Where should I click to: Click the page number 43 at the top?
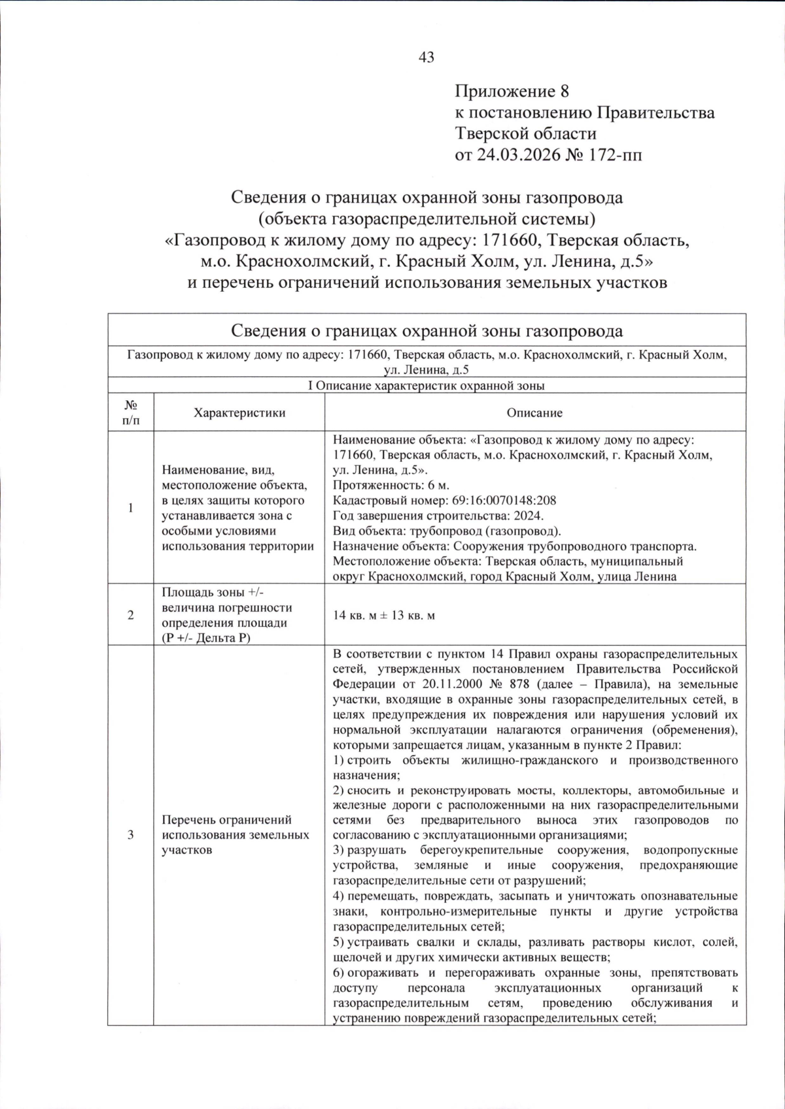pyautogui.click(x=426, y=58)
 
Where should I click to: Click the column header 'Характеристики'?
pyautogui.click(x=239, y=413)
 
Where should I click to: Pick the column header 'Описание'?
pyautogui.click(x=534, y=413)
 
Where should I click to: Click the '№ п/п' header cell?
pyautogui.click(x=131, y=413)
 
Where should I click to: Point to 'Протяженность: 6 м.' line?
pyautogui.click(x=391, y=485)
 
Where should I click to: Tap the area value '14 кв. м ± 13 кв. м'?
pyautogui.click(x=384, y=616)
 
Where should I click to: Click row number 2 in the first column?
pyautogui.click(x=131, y=616)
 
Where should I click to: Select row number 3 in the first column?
pyautogui.click(x=131, y=835)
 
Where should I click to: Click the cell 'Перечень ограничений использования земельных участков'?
pyautogui.click(x=235, y=835)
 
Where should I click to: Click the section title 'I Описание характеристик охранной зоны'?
pyautogui.click(x=427, y=385)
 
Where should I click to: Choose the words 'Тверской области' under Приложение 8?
pyautogui.click(x=526, y=133)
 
